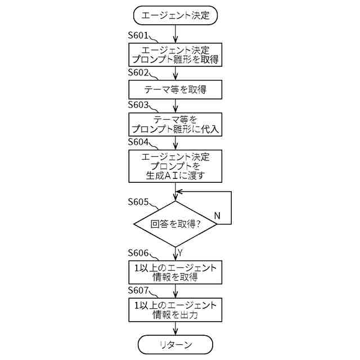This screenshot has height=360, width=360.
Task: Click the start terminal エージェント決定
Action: tap(175, 15)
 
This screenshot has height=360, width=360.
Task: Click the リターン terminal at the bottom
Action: tap(175, 344)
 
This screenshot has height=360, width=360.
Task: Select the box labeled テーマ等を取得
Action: tap(175, 89)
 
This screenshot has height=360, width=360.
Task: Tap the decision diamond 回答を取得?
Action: tap(175, 224)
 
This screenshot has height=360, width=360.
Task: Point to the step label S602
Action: tap(138, 73)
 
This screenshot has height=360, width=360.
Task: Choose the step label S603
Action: tap(138, 105)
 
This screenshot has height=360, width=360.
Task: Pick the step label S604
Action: tap(138, 141)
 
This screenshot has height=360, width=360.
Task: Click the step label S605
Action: tap(138, 201)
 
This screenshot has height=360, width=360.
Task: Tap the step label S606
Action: tap(138, 253)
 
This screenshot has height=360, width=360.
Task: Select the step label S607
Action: tap(138, 290)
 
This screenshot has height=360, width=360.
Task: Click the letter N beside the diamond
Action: tap(217, 216)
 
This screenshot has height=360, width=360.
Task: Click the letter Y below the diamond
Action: tap(180, 251)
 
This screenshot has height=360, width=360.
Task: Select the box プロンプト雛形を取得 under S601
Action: tap(175, 54)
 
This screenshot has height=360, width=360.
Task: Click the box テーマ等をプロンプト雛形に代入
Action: tap(175, 124)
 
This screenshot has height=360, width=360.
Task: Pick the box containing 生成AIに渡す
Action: tap(175, 166)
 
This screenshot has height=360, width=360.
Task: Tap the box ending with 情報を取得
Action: tap(175, 271)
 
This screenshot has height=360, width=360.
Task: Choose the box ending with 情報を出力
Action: tap(175, 309)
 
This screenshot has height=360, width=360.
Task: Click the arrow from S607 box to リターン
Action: tap(175, 328)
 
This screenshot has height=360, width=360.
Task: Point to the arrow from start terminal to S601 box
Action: tap(175, 33)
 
